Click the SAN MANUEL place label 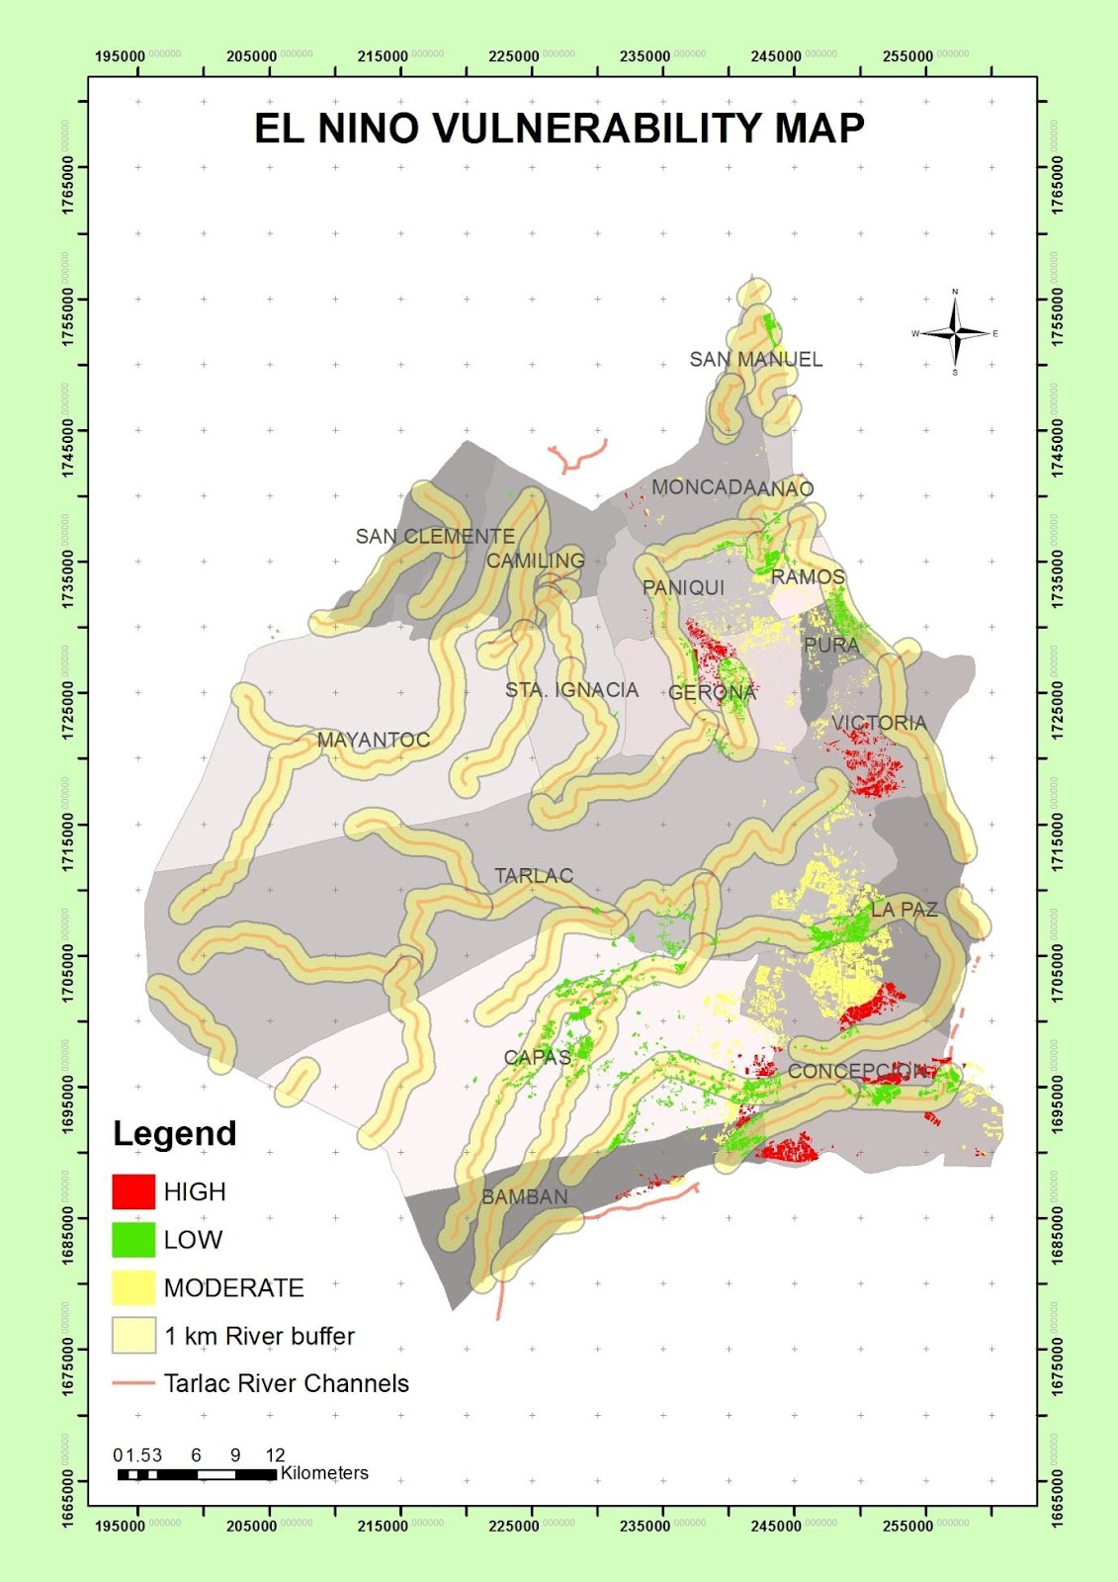pos(755,359)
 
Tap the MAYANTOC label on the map pos(373,740)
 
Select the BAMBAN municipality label pos(524,1196)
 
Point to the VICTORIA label pos(878,723)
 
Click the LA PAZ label pos(903,909)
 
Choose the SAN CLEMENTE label pos(435,536)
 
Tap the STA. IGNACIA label pos(571,689)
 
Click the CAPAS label pos(537,1057)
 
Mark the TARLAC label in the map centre pos(533,875)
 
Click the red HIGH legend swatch pos(133,1191)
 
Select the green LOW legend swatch pos(133,1240)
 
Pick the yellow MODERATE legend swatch pos(133,1287)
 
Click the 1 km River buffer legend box pos(133,1336)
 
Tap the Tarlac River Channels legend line pos(133,1383)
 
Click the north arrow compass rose pos(955,333)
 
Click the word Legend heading pos(174,1133)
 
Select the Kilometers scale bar pos(197,1474)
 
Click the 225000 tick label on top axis pos(514,56)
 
